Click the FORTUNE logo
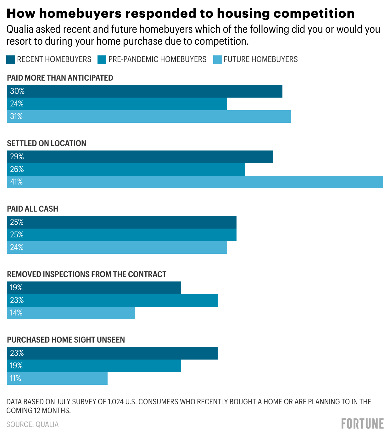362,424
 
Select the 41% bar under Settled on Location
195,182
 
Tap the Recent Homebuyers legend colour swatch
11,60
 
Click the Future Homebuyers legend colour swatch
218,60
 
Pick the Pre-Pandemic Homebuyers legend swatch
102,60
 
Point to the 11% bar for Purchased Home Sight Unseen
57,378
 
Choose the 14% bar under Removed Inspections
71,313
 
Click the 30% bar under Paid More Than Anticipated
145,91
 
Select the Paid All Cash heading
33,209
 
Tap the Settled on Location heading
47,143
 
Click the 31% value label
16,116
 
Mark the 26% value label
17,169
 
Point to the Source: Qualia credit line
32,424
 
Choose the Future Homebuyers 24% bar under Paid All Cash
117,247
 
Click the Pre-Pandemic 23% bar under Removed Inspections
112,300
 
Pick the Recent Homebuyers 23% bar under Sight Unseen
112,353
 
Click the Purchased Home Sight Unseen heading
66,340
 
